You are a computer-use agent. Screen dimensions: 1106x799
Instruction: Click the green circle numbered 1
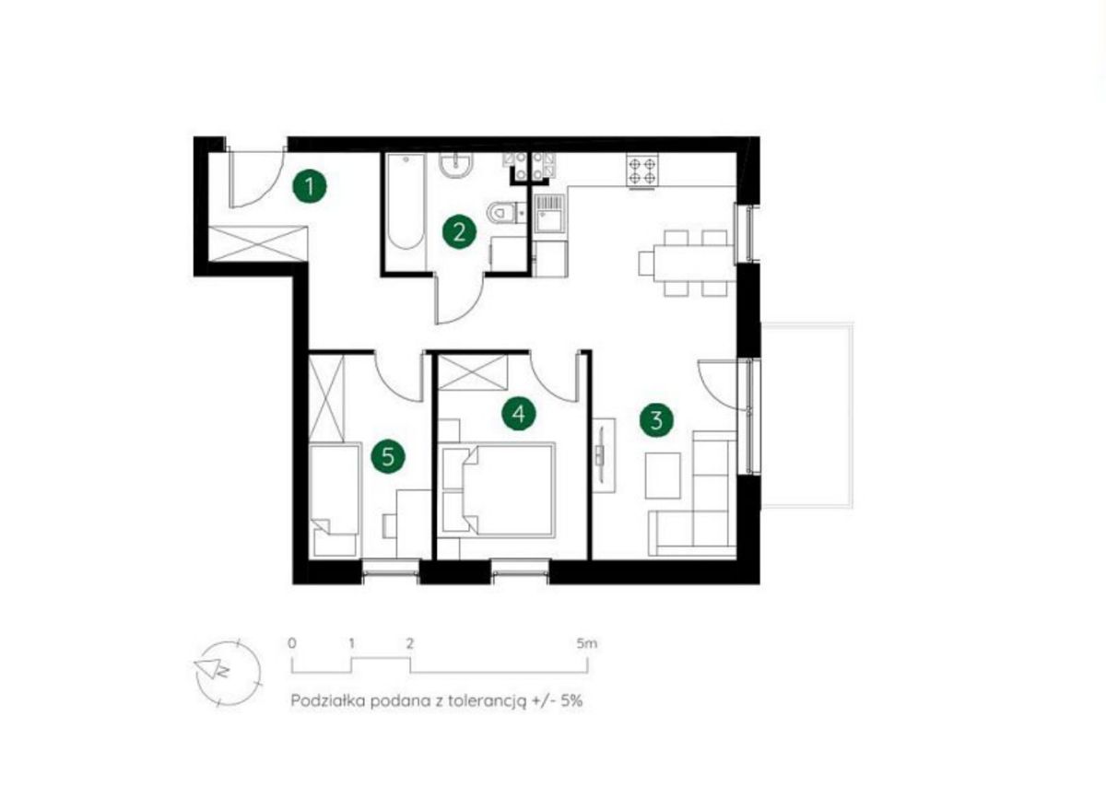(x=310, y=186)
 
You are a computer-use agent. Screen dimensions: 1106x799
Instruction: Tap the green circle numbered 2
(x=459, y=232)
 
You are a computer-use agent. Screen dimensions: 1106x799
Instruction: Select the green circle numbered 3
(x=656, y=420)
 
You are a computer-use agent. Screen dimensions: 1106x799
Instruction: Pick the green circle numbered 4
(x=518, y=413)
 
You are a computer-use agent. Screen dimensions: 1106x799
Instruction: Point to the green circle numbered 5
(x=388, y=456)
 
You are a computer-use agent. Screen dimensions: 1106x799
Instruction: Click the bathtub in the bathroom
(x=406, y=203)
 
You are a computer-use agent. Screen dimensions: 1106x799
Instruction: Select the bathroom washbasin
(x=456, y=165)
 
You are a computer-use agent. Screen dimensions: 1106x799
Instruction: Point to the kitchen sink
(x=549, y=213)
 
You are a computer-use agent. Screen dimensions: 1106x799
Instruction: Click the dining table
(x=695, y=264)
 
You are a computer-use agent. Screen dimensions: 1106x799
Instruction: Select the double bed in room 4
(x=497, y=489)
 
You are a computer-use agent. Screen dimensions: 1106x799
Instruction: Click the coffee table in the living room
(x=663, y=476)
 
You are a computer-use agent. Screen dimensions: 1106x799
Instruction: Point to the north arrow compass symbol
(x=229, y=674)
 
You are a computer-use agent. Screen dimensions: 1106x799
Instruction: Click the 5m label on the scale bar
(x=586, y=643)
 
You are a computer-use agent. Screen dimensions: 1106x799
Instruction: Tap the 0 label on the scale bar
(x=292, y=643)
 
